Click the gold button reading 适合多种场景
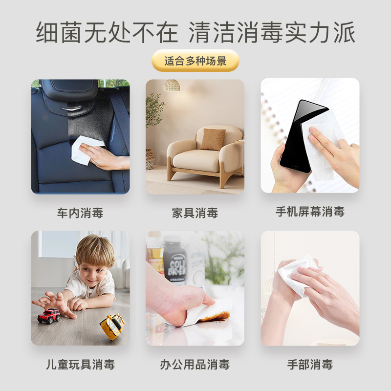click(x=195, y=61)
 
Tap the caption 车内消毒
click(x=80, y=213)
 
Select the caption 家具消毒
click(x=195, y=213)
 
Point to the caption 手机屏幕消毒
click(x=310, y=212)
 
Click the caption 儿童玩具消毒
click(x=80, y=364)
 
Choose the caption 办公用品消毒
click(x=195, y=364)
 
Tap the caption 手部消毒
click(x=310, y=364)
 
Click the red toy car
click(x=49, y=316)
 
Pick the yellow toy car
click(x=112, y=326)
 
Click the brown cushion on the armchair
click(x=213, y=140)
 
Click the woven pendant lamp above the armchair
click(x=172, y=85)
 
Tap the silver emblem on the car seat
click(x=71, y=109)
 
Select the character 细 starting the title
click(x=47, y=32)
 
